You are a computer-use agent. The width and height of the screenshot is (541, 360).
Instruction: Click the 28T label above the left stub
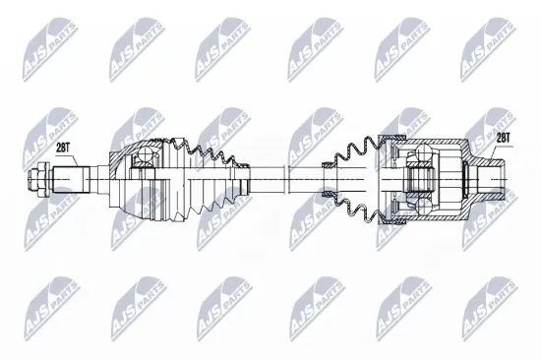[x=62, y=149]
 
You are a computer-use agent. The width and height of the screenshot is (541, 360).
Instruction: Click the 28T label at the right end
[x=503, y=139]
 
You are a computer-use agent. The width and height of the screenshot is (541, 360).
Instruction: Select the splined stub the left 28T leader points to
[x=72, y=179]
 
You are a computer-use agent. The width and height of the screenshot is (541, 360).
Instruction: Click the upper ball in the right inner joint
[x=424, y=152]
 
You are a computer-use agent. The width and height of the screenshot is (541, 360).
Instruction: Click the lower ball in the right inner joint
[x=424, y=207]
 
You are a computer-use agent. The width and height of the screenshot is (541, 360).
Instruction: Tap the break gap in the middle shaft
[x=285, y=179]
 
